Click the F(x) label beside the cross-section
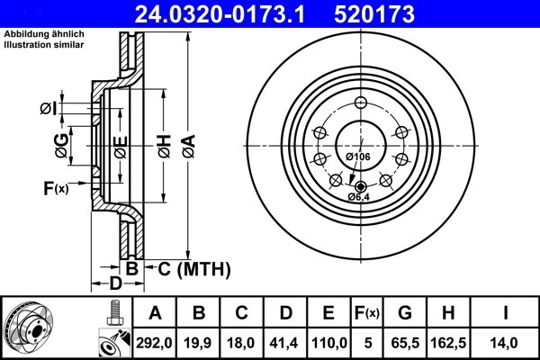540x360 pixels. [55, 188]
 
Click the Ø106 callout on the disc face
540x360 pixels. [358, 157]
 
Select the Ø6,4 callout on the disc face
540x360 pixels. [359, 196]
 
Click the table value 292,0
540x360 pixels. [155, 341]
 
